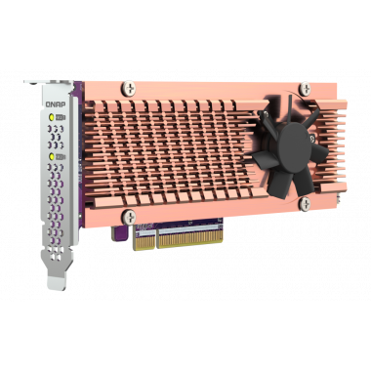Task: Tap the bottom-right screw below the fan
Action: pyautogui.click(x=304, y=202)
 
